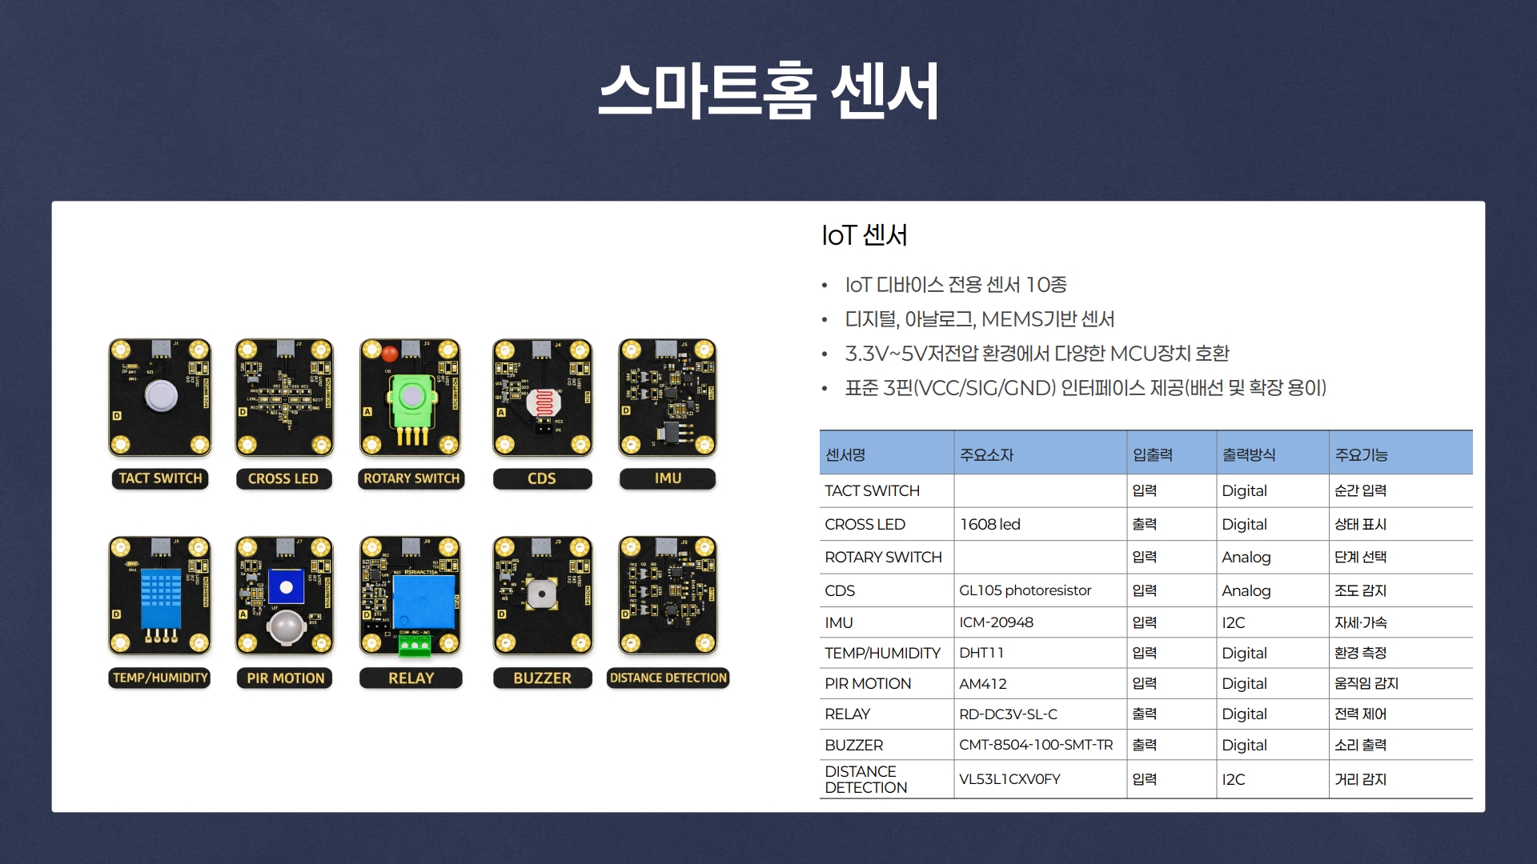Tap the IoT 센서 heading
pyautogui.click(x=864, y=235)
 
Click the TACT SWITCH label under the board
pyautogui.click(x=160, y=478)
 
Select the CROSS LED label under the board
pyautogui.click(x=283, y=478)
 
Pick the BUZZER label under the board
pyautogui.click(x=542, y=678)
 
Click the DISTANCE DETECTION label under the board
pyautogui.click(x=668, y=678)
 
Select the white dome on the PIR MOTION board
pyautogui.click(x=285, y=628)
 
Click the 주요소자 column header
pyautogui.click(x=986, y=454)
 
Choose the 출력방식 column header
pyautogui.click(x=1248, y=454)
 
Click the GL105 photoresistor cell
pyautogui.click(x=1025, y=590)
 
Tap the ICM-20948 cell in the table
pyautogui.click(x=996, y=622)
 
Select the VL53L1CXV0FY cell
pyautogui.click(x=1009, y=779)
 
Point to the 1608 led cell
pyautogui.click(x=989, y=524)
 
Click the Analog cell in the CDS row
pyautogui.click(x=1246, y=590)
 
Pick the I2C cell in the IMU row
pyautogui.click(x=1233, y=622)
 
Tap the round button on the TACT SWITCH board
pyautogui.click(x=161, y=396)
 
